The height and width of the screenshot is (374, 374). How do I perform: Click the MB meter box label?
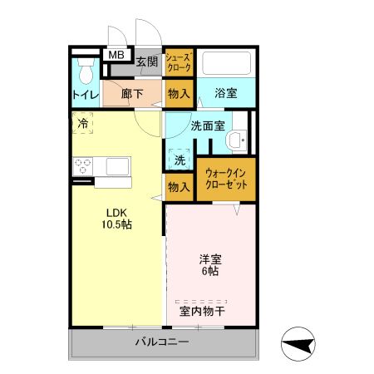pyautogui.click(x=116, y=56)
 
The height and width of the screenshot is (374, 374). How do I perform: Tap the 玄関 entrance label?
pyautogui.click(x=147, y=61)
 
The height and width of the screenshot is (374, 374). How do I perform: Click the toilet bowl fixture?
pyautogui.click(x=83, y=67)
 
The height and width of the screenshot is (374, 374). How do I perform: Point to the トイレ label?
pyautogui.click(x=84, y=96)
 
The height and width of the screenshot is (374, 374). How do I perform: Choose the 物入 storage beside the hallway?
pyautogui.click(x=179, y=93)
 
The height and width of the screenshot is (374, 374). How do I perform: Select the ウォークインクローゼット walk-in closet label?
pyautogui.click(x=225, y=178)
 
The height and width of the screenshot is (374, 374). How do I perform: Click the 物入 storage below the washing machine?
pyautogui.click(x=179, y=186)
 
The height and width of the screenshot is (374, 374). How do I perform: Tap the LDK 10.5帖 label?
pyautogui.click(x=116, y=219)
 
